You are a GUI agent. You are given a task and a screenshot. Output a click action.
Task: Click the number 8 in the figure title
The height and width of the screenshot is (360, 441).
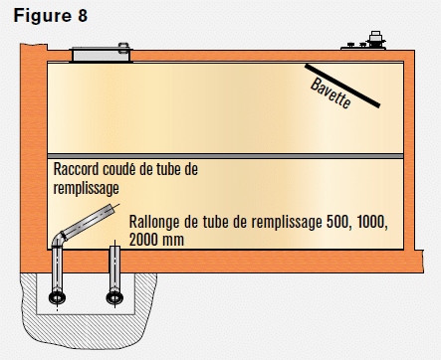click(x=83, y=16)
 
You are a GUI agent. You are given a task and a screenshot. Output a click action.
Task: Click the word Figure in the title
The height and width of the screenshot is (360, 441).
click(x=43, y=16)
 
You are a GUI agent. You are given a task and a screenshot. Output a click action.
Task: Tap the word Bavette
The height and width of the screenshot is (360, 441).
click(x=331, y=93)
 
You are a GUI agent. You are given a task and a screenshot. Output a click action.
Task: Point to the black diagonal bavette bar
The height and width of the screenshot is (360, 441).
click(x=342, y=86)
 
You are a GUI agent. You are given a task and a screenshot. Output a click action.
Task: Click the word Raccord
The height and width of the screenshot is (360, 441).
click(x=77, y=169)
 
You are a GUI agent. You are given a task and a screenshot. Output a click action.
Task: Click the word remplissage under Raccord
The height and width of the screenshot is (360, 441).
click(x=87, y=189)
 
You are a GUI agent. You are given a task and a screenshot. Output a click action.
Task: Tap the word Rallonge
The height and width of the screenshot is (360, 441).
click(x=154, y=222)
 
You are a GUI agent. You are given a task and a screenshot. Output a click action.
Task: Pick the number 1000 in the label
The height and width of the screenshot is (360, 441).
click(x=371, y=222)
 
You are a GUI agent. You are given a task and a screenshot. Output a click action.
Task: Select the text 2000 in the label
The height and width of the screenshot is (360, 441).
click(x=143, y=240)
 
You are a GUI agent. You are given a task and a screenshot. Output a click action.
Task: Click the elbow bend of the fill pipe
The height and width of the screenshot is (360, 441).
click(x=59, y=238)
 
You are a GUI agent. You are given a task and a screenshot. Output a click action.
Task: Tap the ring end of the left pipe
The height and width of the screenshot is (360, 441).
click(x=57, y=297)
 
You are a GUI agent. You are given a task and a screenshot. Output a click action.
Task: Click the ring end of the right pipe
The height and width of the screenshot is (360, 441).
click(x=114, y=297)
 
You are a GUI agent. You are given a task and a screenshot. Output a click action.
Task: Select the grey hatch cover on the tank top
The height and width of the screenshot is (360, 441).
click(x=101, y=54)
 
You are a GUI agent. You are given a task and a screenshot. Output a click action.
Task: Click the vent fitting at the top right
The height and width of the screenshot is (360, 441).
click(x=375, y=41)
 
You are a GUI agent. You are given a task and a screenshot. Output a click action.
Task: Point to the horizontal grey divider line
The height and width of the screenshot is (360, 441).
click(x=226, y=156)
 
